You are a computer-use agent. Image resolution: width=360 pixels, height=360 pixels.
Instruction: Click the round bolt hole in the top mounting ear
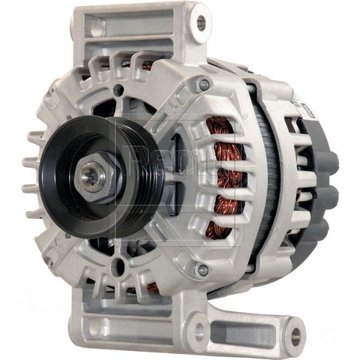pos(201,23)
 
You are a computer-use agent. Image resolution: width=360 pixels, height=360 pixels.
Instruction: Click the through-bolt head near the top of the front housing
pos(202,85)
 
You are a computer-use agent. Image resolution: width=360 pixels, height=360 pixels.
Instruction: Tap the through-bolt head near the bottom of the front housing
pos(202,269)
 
